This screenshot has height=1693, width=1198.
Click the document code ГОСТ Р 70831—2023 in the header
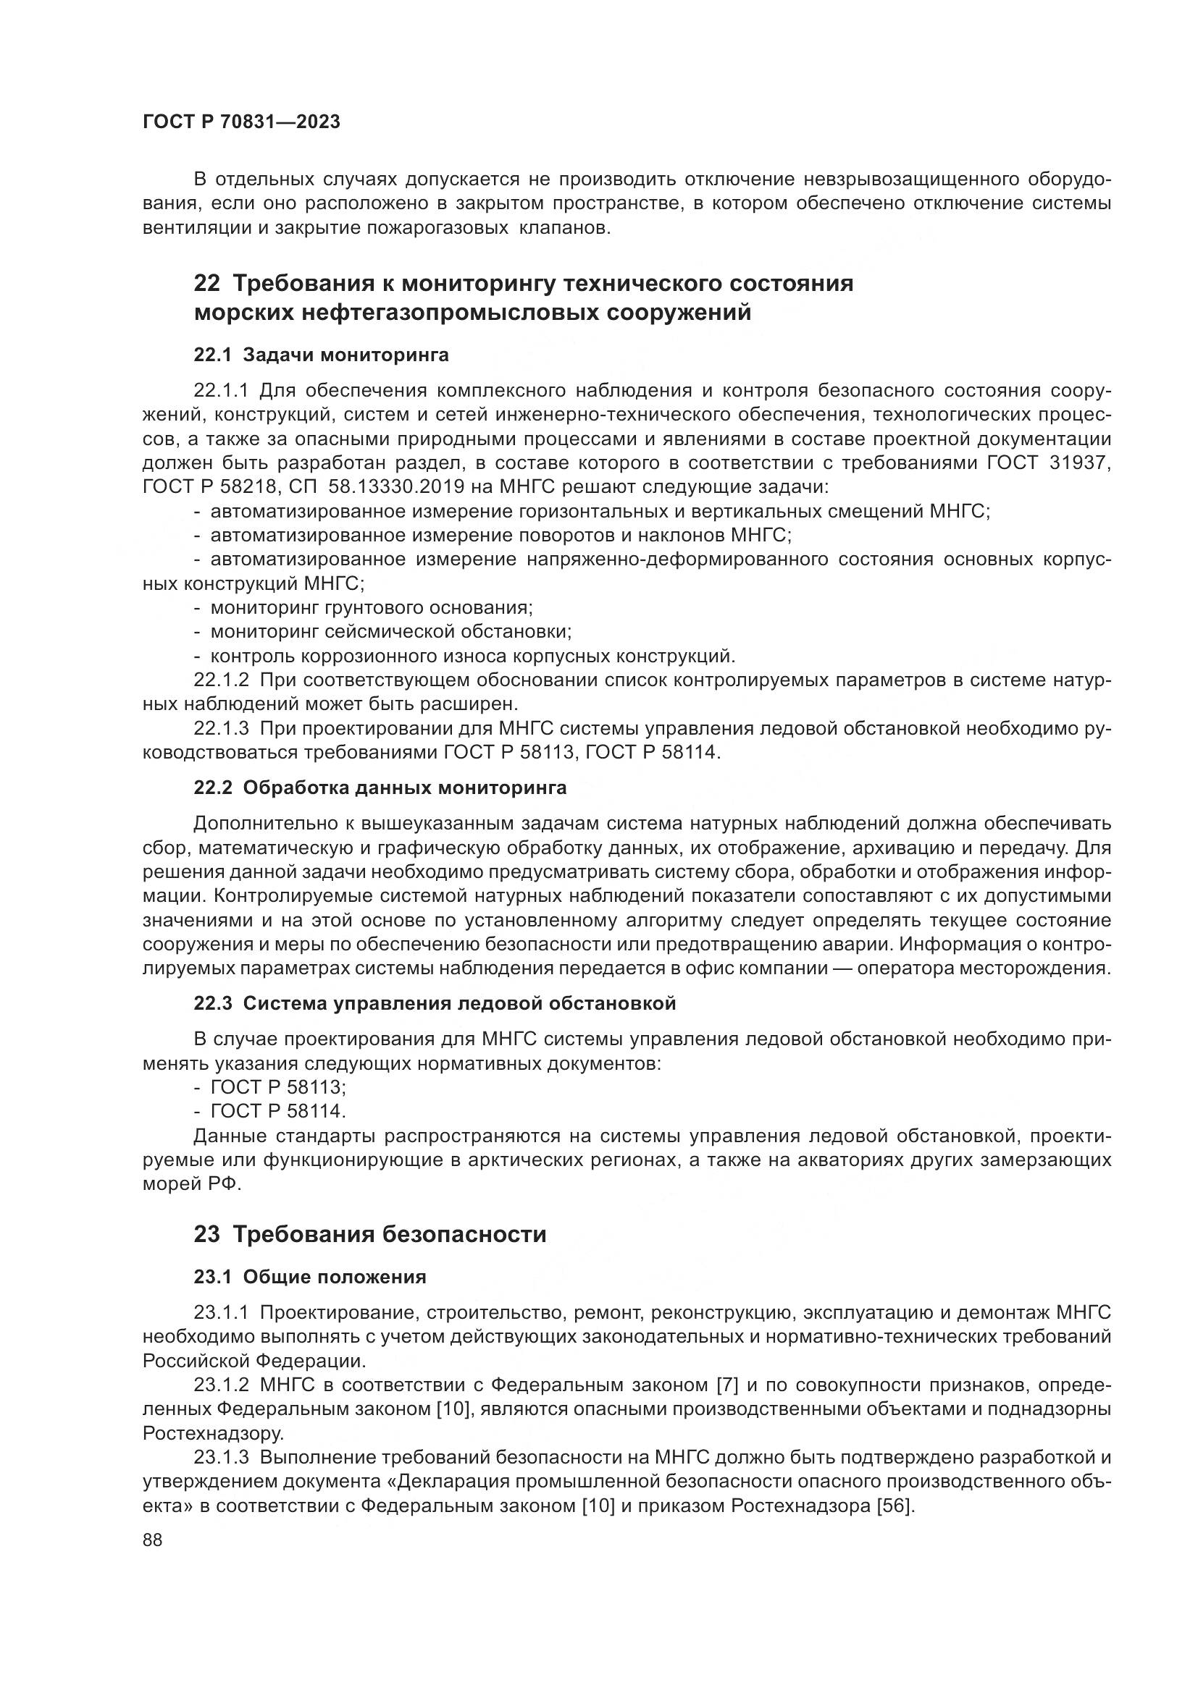click(x=241, y=122)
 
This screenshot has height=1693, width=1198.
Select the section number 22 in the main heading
click(x=206, y=283)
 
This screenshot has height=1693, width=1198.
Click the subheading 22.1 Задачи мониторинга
click(x=321, y=355)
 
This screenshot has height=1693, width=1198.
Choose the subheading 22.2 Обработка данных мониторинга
click(x=380, y=788)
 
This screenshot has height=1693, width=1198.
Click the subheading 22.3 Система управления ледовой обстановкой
click(x=435, y=1003)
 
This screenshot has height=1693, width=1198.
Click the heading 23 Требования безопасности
click(x=369, y=1234)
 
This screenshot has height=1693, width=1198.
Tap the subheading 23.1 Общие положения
click(x=310, y=1277)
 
